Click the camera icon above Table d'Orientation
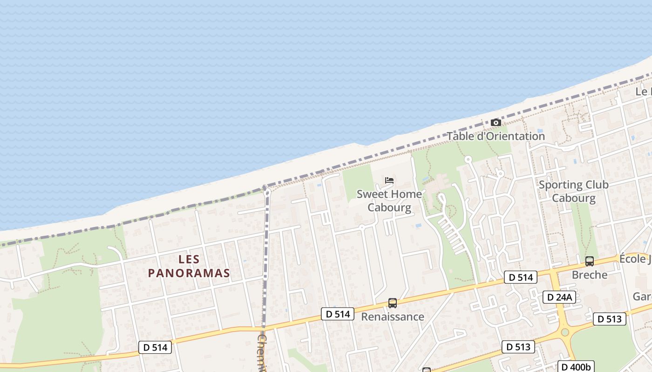click(x=496, y=123)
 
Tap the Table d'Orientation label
click(x=496, y=136)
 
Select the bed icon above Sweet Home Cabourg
click(x=389, y=180)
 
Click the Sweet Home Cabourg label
click(x=389, y=200)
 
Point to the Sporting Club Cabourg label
click(x=573, y=191)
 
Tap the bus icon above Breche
click(x=590, y=261)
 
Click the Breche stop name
click(x=590, y=275)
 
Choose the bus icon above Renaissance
click(x=393, y=303)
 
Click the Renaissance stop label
click(x=393, y=317)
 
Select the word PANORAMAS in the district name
click(x=189, y=273)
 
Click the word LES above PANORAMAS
click(x=189, y=259)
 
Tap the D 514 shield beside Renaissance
click(x=338, y=314)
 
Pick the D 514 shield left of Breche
click(x=521, y=278)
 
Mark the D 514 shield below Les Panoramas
click(x=155, y=347)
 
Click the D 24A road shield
click(x=559, y=297)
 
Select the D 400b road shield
click(x=576, y=366)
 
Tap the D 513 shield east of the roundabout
click(x=610, y=319)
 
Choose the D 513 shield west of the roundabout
click(x=518, y=347)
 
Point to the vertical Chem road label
click(x=262, y=353)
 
